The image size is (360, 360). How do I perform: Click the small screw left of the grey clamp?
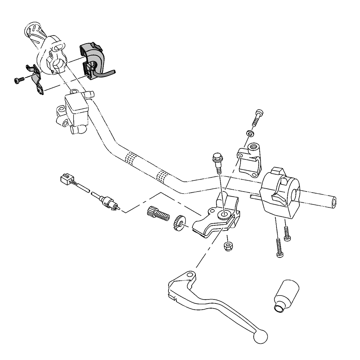(x=18, y=80)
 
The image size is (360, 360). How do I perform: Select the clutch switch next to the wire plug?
(x=106, y=202)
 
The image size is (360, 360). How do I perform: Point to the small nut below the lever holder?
(x=228, y=247)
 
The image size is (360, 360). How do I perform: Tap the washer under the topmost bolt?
(x=249, y=134)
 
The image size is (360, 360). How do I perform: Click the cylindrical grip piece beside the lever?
(x=286, y=293)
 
